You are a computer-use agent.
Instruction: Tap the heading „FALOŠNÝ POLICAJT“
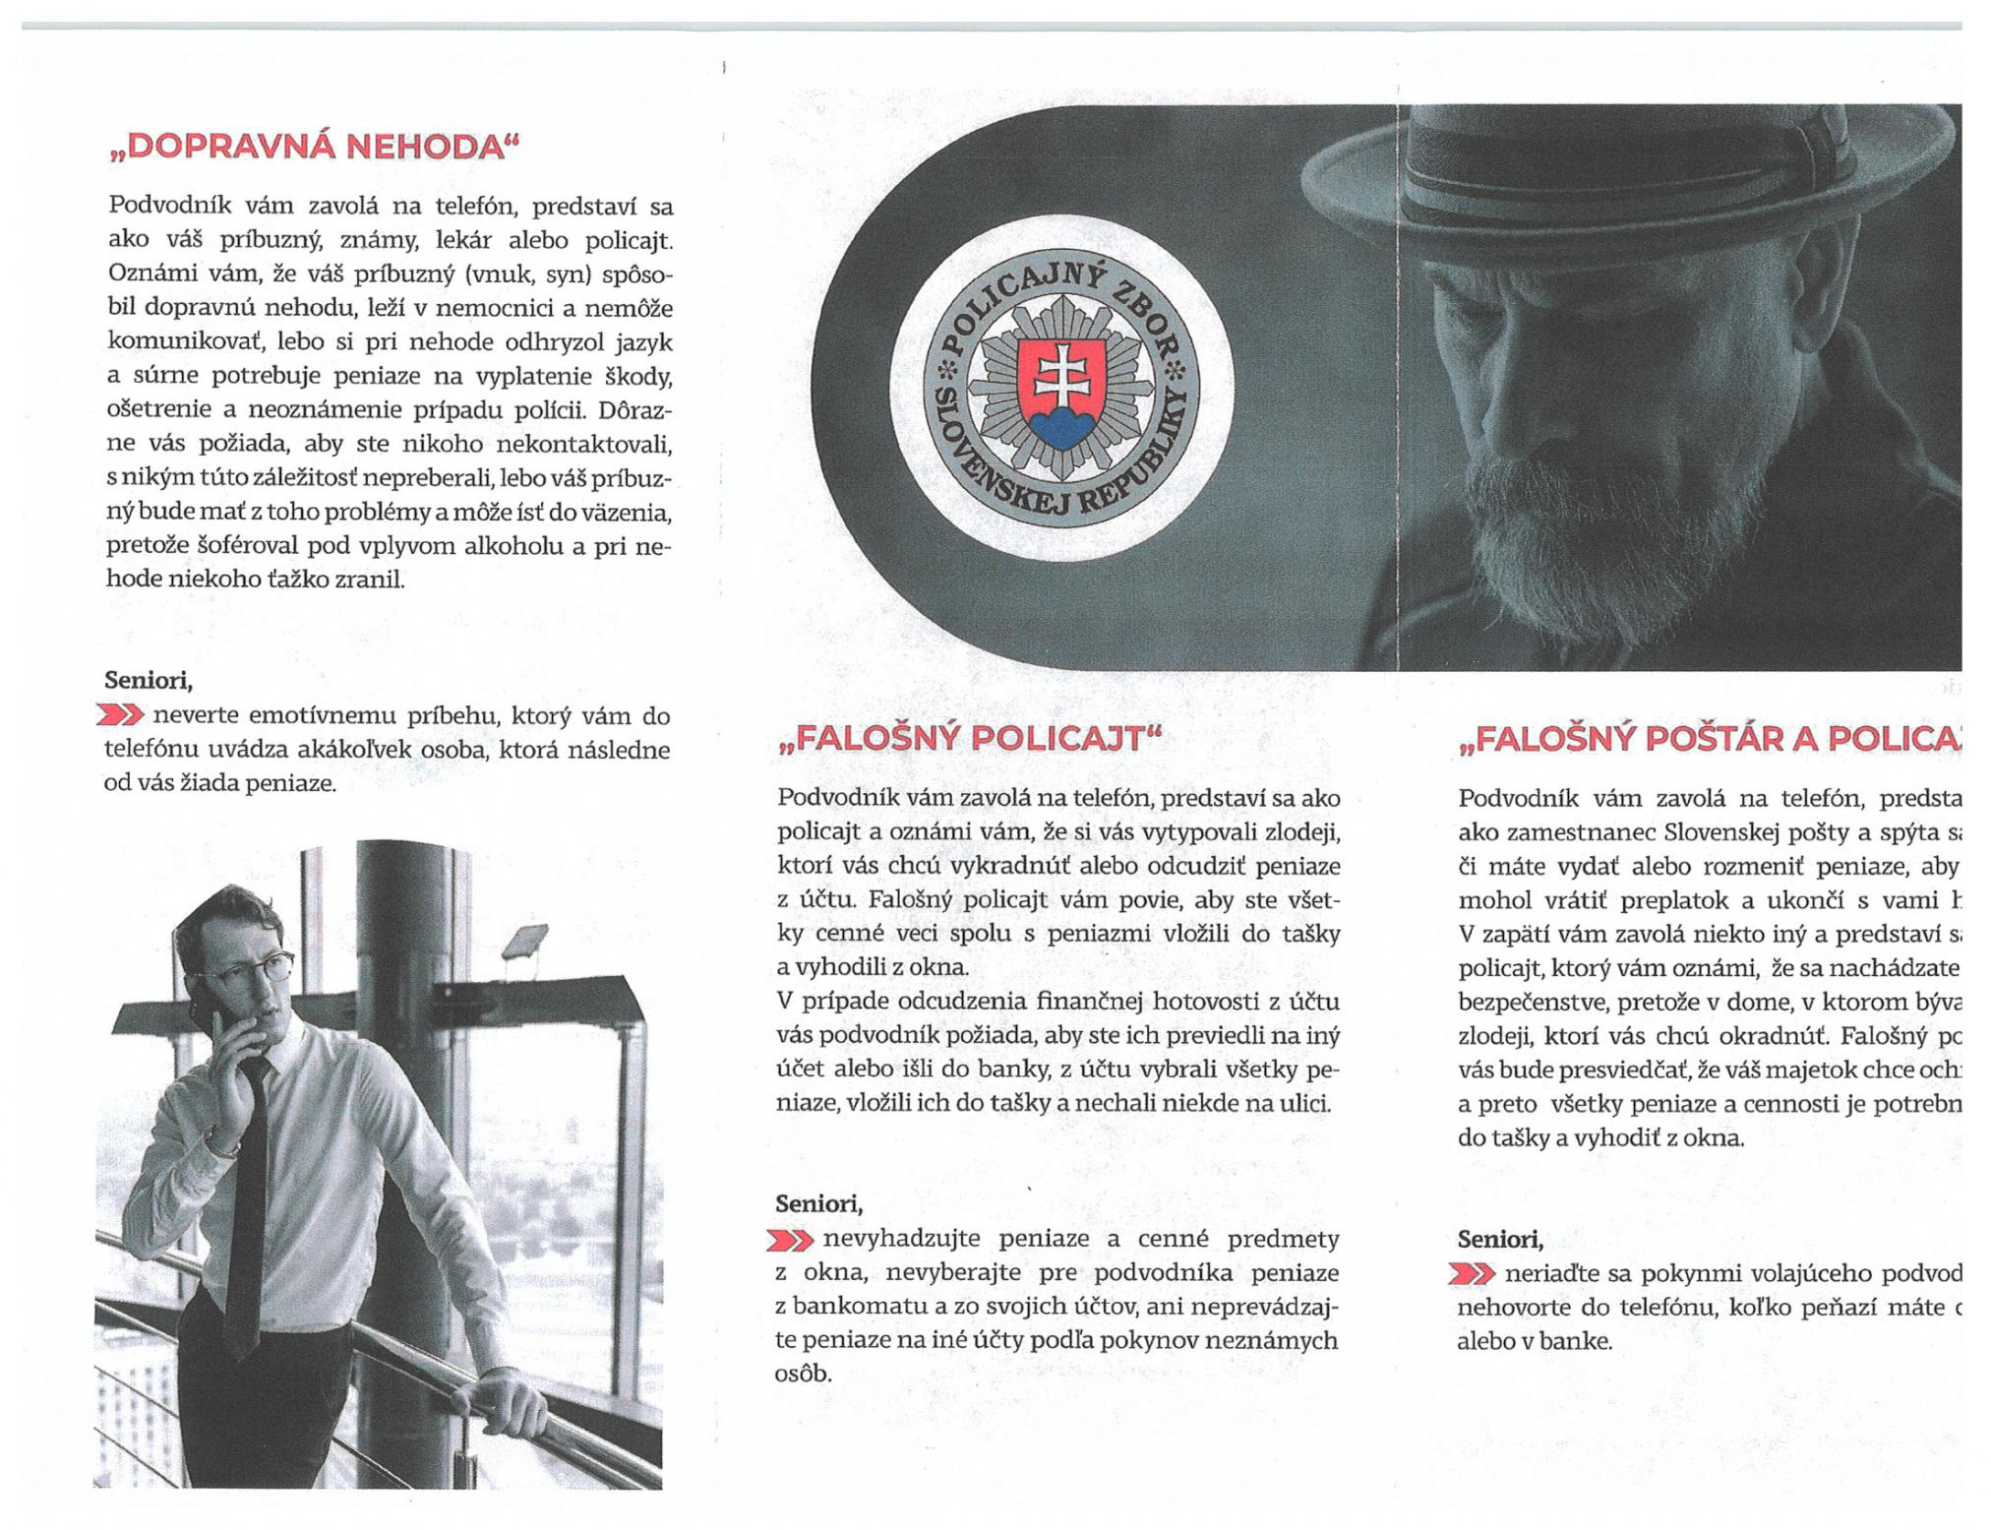[968, 738]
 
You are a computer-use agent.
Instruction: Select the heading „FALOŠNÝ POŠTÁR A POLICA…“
[1707, 740]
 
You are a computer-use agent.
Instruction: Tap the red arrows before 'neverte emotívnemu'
[119, 715]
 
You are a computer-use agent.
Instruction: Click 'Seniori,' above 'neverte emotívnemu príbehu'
[148, 680]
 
